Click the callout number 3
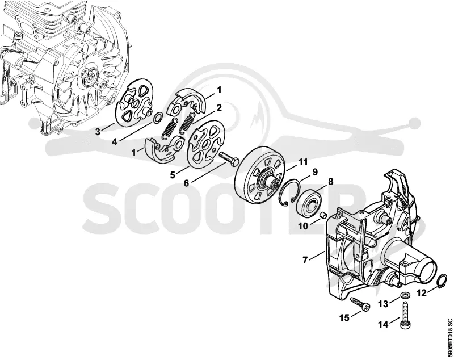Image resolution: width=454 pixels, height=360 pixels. [98, 132]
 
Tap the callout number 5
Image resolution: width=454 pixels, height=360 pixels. [173, 175]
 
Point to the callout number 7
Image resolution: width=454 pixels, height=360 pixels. [305, 261]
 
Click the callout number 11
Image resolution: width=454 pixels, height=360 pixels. [303, 162]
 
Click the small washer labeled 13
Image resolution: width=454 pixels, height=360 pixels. [404, 295]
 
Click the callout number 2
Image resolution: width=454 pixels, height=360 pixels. [219, 108]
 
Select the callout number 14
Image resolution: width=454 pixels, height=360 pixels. [383, 325]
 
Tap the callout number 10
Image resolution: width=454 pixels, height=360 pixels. [303, 226]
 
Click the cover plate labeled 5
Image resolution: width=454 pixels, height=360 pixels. [205, 144]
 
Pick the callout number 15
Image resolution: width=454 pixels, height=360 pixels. [344, 318]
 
